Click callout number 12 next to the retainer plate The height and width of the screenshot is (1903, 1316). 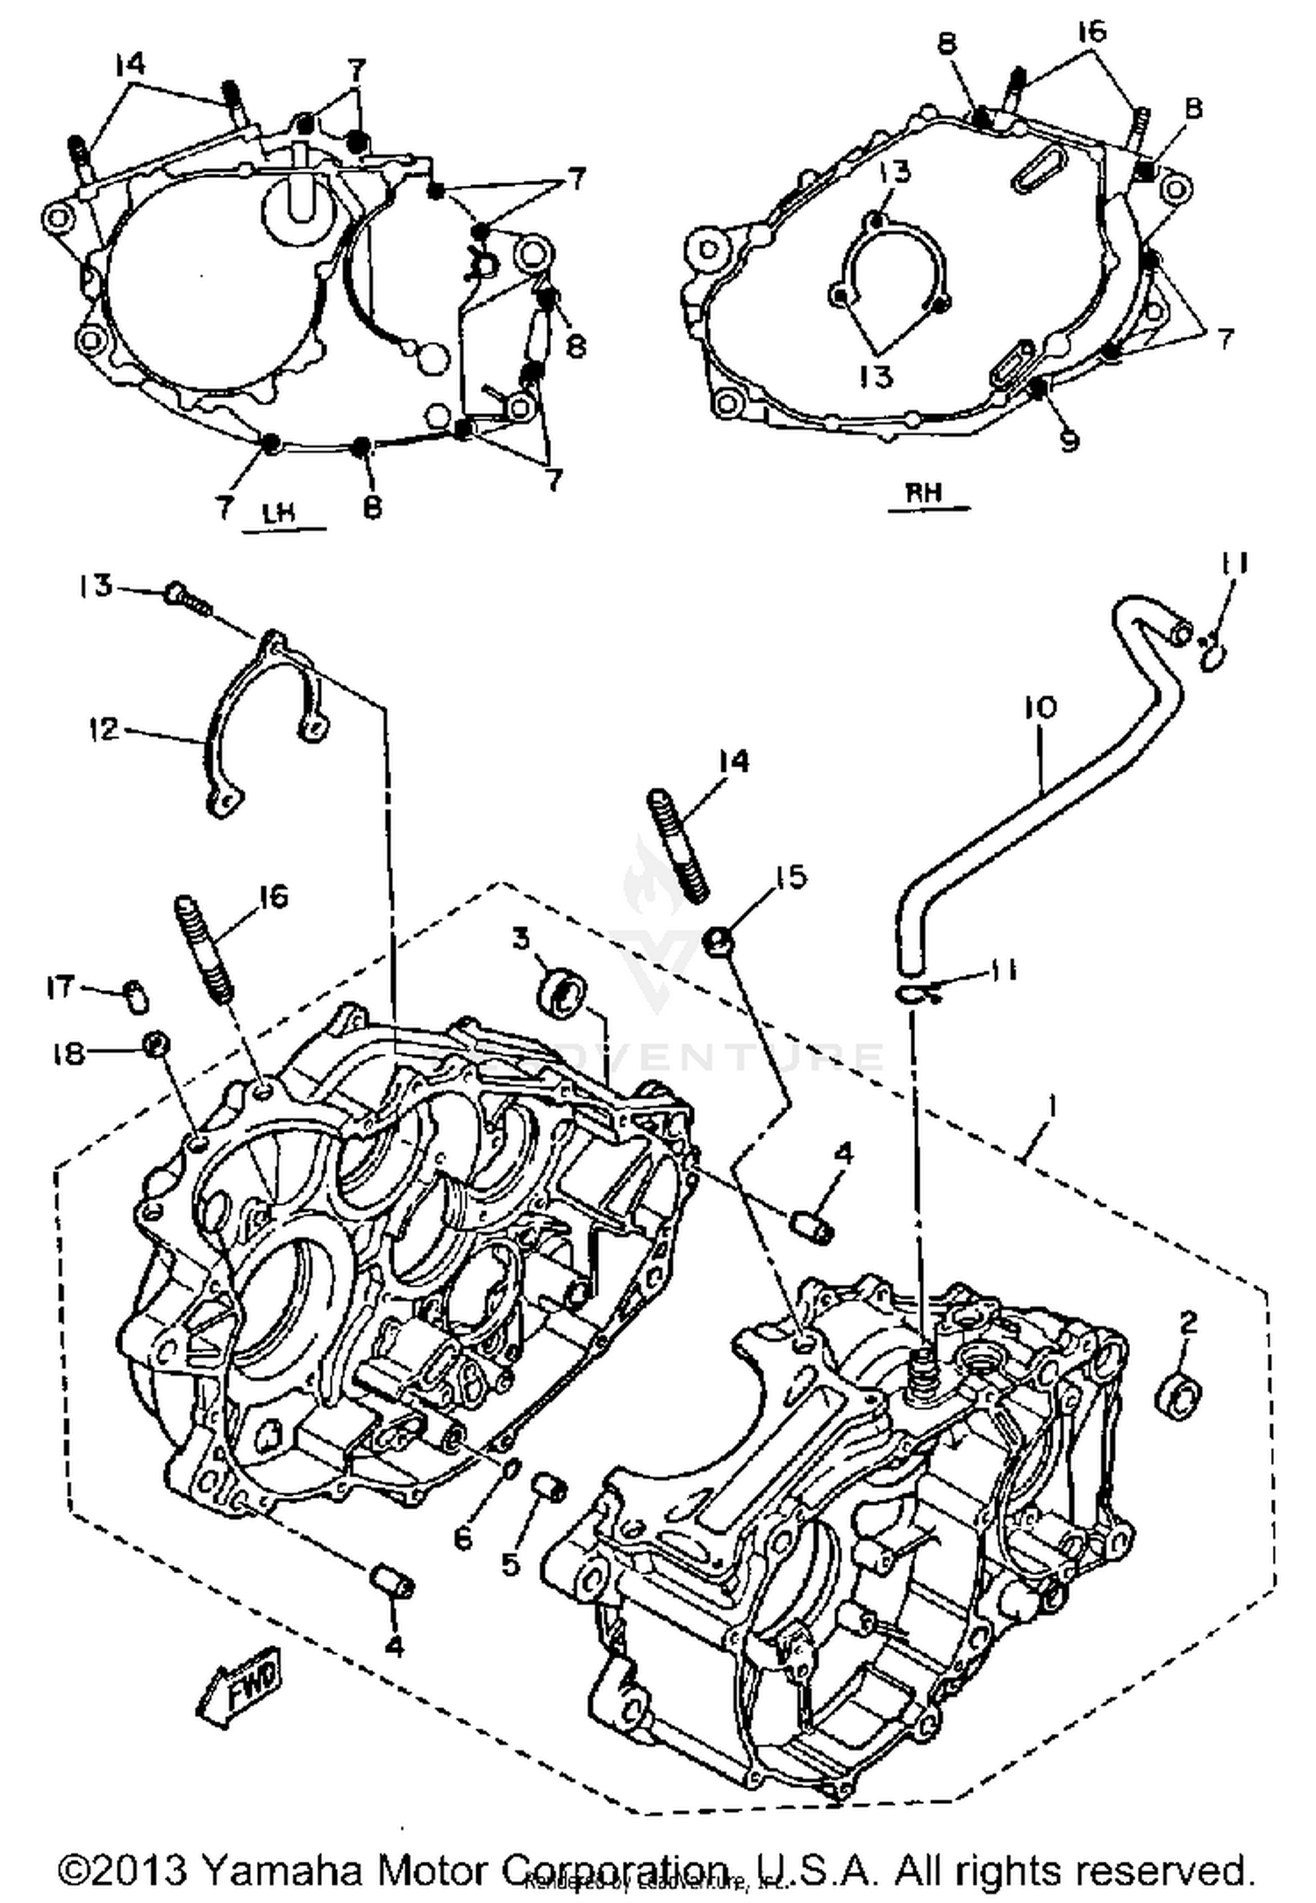click(103, 728)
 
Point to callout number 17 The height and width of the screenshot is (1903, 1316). click(61, 987)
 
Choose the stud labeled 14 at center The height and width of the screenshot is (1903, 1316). click(677, 844)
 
